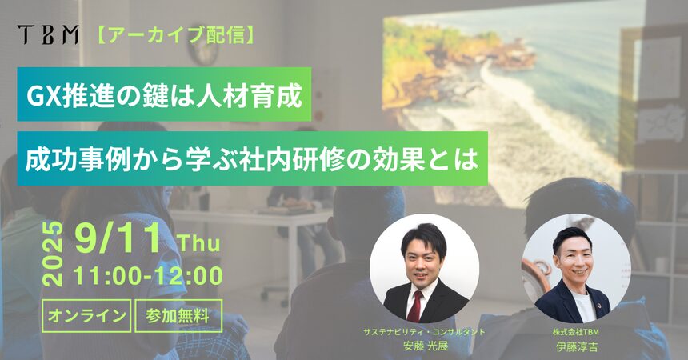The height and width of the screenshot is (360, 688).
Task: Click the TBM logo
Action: [48, 34]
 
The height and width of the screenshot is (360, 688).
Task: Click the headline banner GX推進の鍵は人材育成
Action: [164, 94]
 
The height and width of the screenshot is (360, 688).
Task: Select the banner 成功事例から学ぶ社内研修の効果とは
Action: [252, 158]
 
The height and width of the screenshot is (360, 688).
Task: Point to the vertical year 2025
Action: [54, 254]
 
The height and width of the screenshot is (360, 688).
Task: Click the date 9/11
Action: [118, 239]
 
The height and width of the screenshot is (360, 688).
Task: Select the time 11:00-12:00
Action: [148, 276]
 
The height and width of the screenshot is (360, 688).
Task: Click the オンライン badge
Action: [86, 316]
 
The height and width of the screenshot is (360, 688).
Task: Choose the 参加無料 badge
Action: [178, 316]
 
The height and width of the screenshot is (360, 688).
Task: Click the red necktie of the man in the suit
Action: [414, 306]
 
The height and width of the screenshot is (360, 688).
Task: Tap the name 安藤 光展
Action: [425, 346]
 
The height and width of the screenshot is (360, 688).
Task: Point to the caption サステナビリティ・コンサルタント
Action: [424, 332]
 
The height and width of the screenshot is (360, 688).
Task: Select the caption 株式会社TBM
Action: [576, 332]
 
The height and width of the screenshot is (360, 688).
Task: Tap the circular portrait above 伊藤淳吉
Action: [576, 269]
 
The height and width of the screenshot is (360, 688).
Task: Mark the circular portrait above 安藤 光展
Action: [424, 269]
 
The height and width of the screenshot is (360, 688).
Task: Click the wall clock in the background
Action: [203, 50]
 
